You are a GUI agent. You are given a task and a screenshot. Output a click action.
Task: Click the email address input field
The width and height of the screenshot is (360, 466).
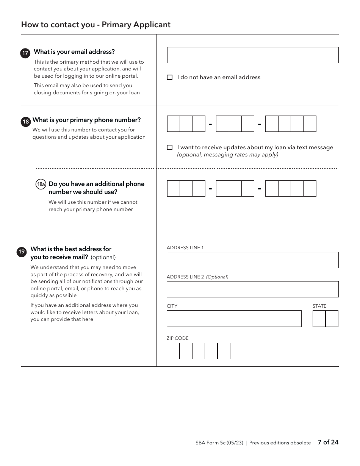click(x=252, y=55)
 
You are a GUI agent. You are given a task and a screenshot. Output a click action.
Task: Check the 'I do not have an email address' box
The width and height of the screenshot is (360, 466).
click(x=170, y=77)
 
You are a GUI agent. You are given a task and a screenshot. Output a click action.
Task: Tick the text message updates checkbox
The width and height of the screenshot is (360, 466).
click(x=170, y=147)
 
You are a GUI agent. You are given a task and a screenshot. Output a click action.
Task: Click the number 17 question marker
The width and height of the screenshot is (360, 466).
click(x=25, y=53)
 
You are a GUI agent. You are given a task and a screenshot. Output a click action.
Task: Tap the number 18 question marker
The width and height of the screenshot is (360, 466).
click(x=25, y=122)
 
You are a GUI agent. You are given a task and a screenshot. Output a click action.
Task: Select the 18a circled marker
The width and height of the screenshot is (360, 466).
click(x=41, y=185)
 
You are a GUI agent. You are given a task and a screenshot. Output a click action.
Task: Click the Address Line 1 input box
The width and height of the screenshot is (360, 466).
click(x=252, y=260)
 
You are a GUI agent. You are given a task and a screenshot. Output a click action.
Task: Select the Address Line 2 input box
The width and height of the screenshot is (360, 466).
click(x=252, y=289)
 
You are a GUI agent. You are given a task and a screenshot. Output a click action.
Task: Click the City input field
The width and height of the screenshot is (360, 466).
click(x=234, y=319)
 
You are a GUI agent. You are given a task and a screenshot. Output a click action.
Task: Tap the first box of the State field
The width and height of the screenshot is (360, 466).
click(x=319, y=319)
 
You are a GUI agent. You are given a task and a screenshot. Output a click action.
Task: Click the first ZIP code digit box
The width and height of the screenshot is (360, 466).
click(x=173, y=351)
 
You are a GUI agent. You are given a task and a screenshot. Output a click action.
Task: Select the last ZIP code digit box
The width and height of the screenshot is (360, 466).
click(x=224, y=351)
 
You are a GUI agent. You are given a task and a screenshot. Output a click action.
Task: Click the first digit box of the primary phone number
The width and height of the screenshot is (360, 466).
click(x=174, y=124)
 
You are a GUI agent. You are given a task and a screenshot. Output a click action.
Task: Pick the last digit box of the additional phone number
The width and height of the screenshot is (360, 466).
click(x=310, y=188)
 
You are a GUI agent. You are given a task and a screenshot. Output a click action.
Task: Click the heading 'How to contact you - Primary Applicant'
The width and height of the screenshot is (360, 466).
click(x=96, y=25)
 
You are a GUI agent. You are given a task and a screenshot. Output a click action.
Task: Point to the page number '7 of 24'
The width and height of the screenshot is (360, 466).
click(x=328, y=442)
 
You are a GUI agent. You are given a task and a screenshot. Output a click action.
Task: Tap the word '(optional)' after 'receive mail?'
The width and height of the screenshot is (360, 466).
click(x=103, y=257)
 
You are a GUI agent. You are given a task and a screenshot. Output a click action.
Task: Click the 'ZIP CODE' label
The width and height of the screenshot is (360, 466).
click(x=177, y=338)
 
